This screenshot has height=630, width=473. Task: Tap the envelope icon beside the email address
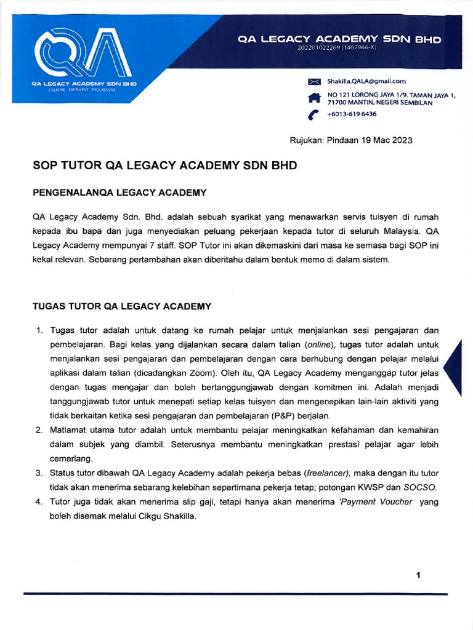(315, 81)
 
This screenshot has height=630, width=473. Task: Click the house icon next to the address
(315, 98)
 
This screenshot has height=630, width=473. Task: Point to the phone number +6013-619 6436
(352, 114)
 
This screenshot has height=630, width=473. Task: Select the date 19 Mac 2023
(382, 140)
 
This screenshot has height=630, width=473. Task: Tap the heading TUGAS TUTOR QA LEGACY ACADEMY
(121, 306)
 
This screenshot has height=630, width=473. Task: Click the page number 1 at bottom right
(418, 575)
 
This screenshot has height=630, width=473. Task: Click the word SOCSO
(421, 487)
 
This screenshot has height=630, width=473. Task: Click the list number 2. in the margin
(38, 430)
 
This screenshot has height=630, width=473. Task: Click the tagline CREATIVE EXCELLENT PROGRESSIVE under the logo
(83, 90)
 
